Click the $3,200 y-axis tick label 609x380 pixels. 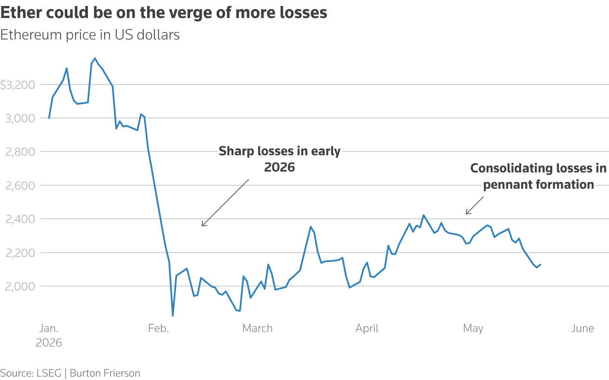pyautogui.click(x=18, y=85)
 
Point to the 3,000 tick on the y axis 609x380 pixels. pyautogui.click(x=21, y=118)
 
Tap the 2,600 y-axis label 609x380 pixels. pyautogui.click(x=21, y=186)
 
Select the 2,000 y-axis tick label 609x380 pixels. pyautogui.click(x=21, y=286)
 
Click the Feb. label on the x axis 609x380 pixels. pyautogui.click(x=159, y=328)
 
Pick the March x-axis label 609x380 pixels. pyautogui.click(x=257, y=328)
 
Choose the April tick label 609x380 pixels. pyautogui.click(x=367, y=329)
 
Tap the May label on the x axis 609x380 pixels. pyautogui.click(x=473, y=329)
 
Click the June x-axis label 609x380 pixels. pyautogui.click(x=582, y=328)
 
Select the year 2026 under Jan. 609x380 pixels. pyautogui.click(x=49, y=343)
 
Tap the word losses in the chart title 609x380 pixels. pyautogui.click(x=303, y=12)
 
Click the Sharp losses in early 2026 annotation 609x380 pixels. pyautogui.click(x=280, y=159)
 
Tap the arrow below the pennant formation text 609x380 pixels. pyautogui.click(x=475, y=205)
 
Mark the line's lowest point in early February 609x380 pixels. pyautogui.click(x=173, y=316)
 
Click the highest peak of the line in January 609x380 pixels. pyautogui.click(x=95, y=58)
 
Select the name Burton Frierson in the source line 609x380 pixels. pyautogui.click(x=105, y=373)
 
